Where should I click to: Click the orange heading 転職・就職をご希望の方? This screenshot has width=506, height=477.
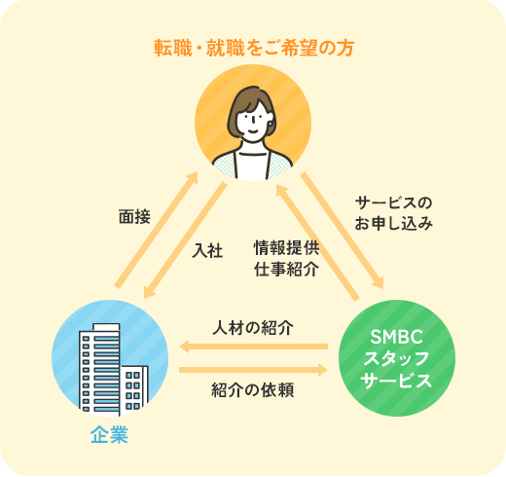point(254,49)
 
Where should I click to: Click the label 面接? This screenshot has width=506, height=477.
point(134,217)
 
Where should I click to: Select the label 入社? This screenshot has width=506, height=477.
point(207,250)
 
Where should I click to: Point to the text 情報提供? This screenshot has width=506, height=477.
point(286,248)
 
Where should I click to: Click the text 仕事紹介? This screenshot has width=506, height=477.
point(286,269)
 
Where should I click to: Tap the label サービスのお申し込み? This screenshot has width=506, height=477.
point(393,213)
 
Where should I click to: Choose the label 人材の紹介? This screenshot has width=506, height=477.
point(253,328)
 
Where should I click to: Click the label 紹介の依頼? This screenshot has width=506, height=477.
point(253,390)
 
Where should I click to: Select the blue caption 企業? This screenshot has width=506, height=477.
point(109,435)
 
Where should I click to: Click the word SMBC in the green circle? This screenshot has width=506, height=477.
point(397,337)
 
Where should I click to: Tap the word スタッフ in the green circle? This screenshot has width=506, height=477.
point(397,358)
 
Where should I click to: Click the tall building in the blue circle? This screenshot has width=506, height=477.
point(99,369)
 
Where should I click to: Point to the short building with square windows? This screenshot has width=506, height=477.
point(134,390)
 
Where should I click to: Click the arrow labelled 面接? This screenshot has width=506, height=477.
point(157,230)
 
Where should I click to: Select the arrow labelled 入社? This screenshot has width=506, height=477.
point(185,240)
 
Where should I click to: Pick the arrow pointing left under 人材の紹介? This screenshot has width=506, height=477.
point(254,347)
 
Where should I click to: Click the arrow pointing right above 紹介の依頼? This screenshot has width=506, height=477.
point(254,370)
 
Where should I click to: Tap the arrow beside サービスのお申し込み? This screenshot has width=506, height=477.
point(343,231)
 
